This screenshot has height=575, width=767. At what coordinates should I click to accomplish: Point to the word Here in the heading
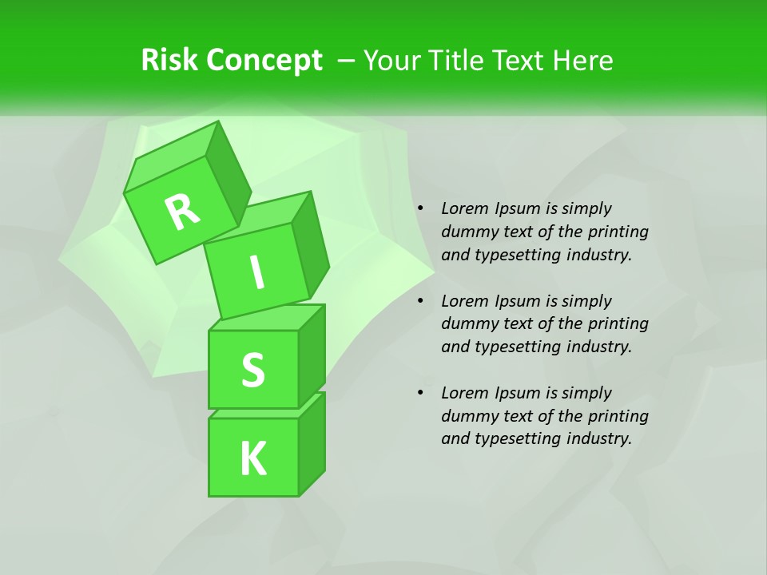coord(582,61)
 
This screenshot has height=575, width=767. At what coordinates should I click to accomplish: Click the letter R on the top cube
coord(182,212)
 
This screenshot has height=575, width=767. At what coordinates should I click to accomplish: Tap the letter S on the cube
coord(252,371)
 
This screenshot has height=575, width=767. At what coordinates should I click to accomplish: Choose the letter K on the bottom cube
coord(252,458)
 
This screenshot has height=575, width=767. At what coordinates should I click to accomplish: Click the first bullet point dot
coord(420,209)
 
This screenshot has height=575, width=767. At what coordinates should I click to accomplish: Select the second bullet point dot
coord(420,302)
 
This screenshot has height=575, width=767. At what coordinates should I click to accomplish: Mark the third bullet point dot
coord(420,394)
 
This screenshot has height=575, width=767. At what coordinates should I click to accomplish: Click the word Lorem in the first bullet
coord(465,208)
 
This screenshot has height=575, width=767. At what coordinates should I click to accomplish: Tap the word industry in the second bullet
coord(598,347)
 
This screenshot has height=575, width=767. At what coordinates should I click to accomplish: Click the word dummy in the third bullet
coord(467,416)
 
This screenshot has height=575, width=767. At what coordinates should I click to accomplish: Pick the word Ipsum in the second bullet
coord(517,301)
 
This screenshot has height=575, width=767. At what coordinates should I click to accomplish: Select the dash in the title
coord(348,61)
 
